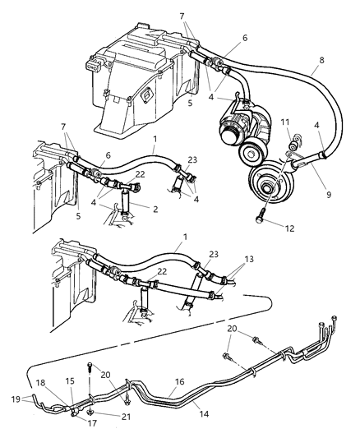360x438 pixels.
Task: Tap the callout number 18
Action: [x=40, y=383]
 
